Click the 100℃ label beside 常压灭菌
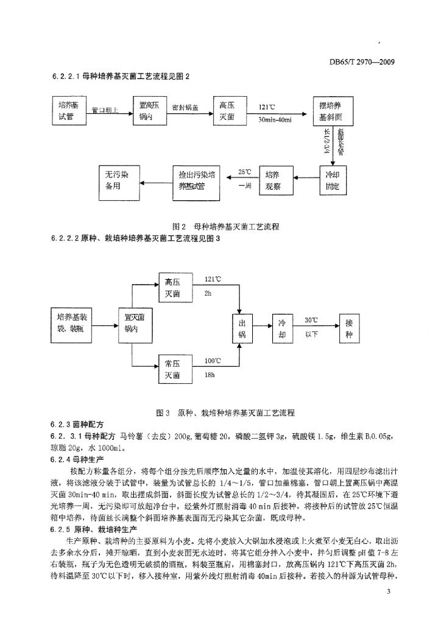coord(213,360)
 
